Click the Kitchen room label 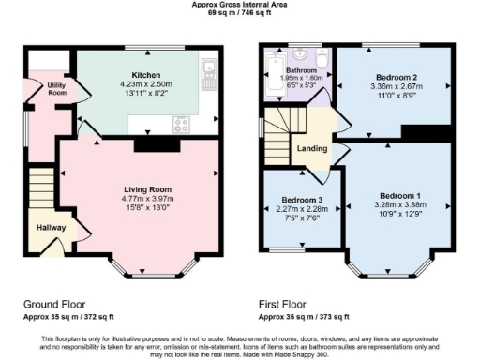coord(145,74)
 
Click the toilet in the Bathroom coord(321,62)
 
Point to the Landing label coord(311,147)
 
